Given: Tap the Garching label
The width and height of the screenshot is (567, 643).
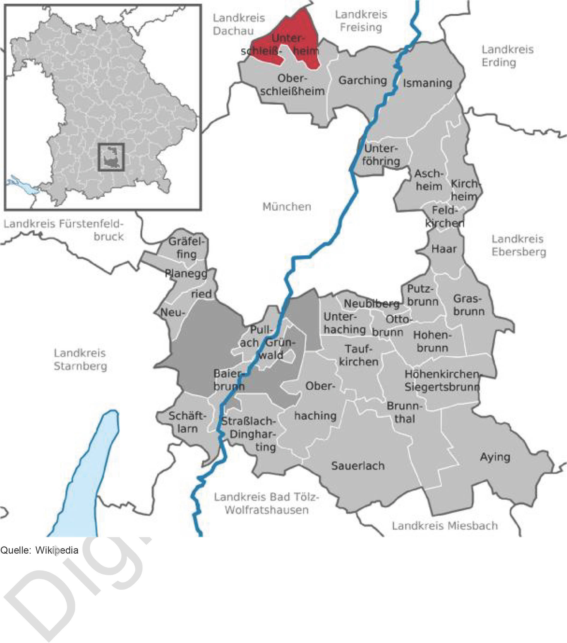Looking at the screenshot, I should point(362,81).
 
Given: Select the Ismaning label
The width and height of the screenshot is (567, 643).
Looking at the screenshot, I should point(427,83).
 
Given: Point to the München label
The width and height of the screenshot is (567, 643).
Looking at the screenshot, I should point(286,207).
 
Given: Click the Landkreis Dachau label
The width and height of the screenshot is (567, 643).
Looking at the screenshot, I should point(238,24).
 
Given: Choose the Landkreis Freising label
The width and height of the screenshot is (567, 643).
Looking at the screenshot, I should point(361,21).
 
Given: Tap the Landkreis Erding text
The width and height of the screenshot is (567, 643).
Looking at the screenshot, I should point(507,56).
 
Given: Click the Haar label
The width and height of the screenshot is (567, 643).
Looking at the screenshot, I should point(444,249).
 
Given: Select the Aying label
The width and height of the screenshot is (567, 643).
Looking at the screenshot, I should point(495,457).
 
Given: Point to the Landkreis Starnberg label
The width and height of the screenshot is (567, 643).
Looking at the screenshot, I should point(80,359).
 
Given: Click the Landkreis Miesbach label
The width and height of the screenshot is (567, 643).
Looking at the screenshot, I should point(445,525).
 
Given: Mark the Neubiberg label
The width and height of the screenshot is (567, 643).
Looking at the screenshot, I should point(371,304).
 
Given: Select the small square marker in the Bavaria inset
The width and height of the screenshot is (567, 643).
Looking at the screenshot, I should point(111,157).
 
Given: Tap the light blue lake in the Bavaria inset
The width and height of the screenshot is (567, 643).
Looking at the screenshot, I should point(19,186).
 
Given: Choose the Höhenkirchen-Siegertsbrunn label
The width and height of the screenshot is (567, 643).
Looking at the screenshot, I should point(442,380).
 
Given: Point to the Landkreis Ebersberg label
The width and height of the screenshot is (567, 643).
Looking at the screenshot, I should point(518,245).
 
